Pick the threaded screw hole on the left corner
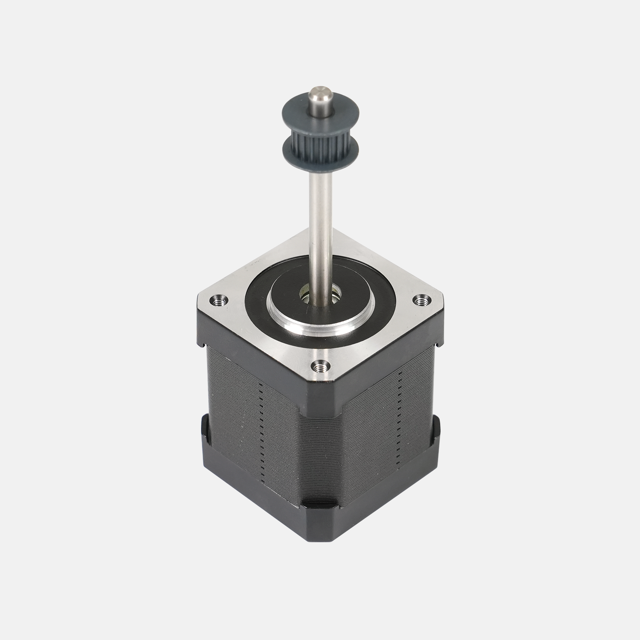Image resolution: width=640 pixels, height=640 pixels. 220,301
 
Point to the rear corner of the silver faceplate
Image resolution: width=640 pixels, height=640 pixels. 320,235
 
